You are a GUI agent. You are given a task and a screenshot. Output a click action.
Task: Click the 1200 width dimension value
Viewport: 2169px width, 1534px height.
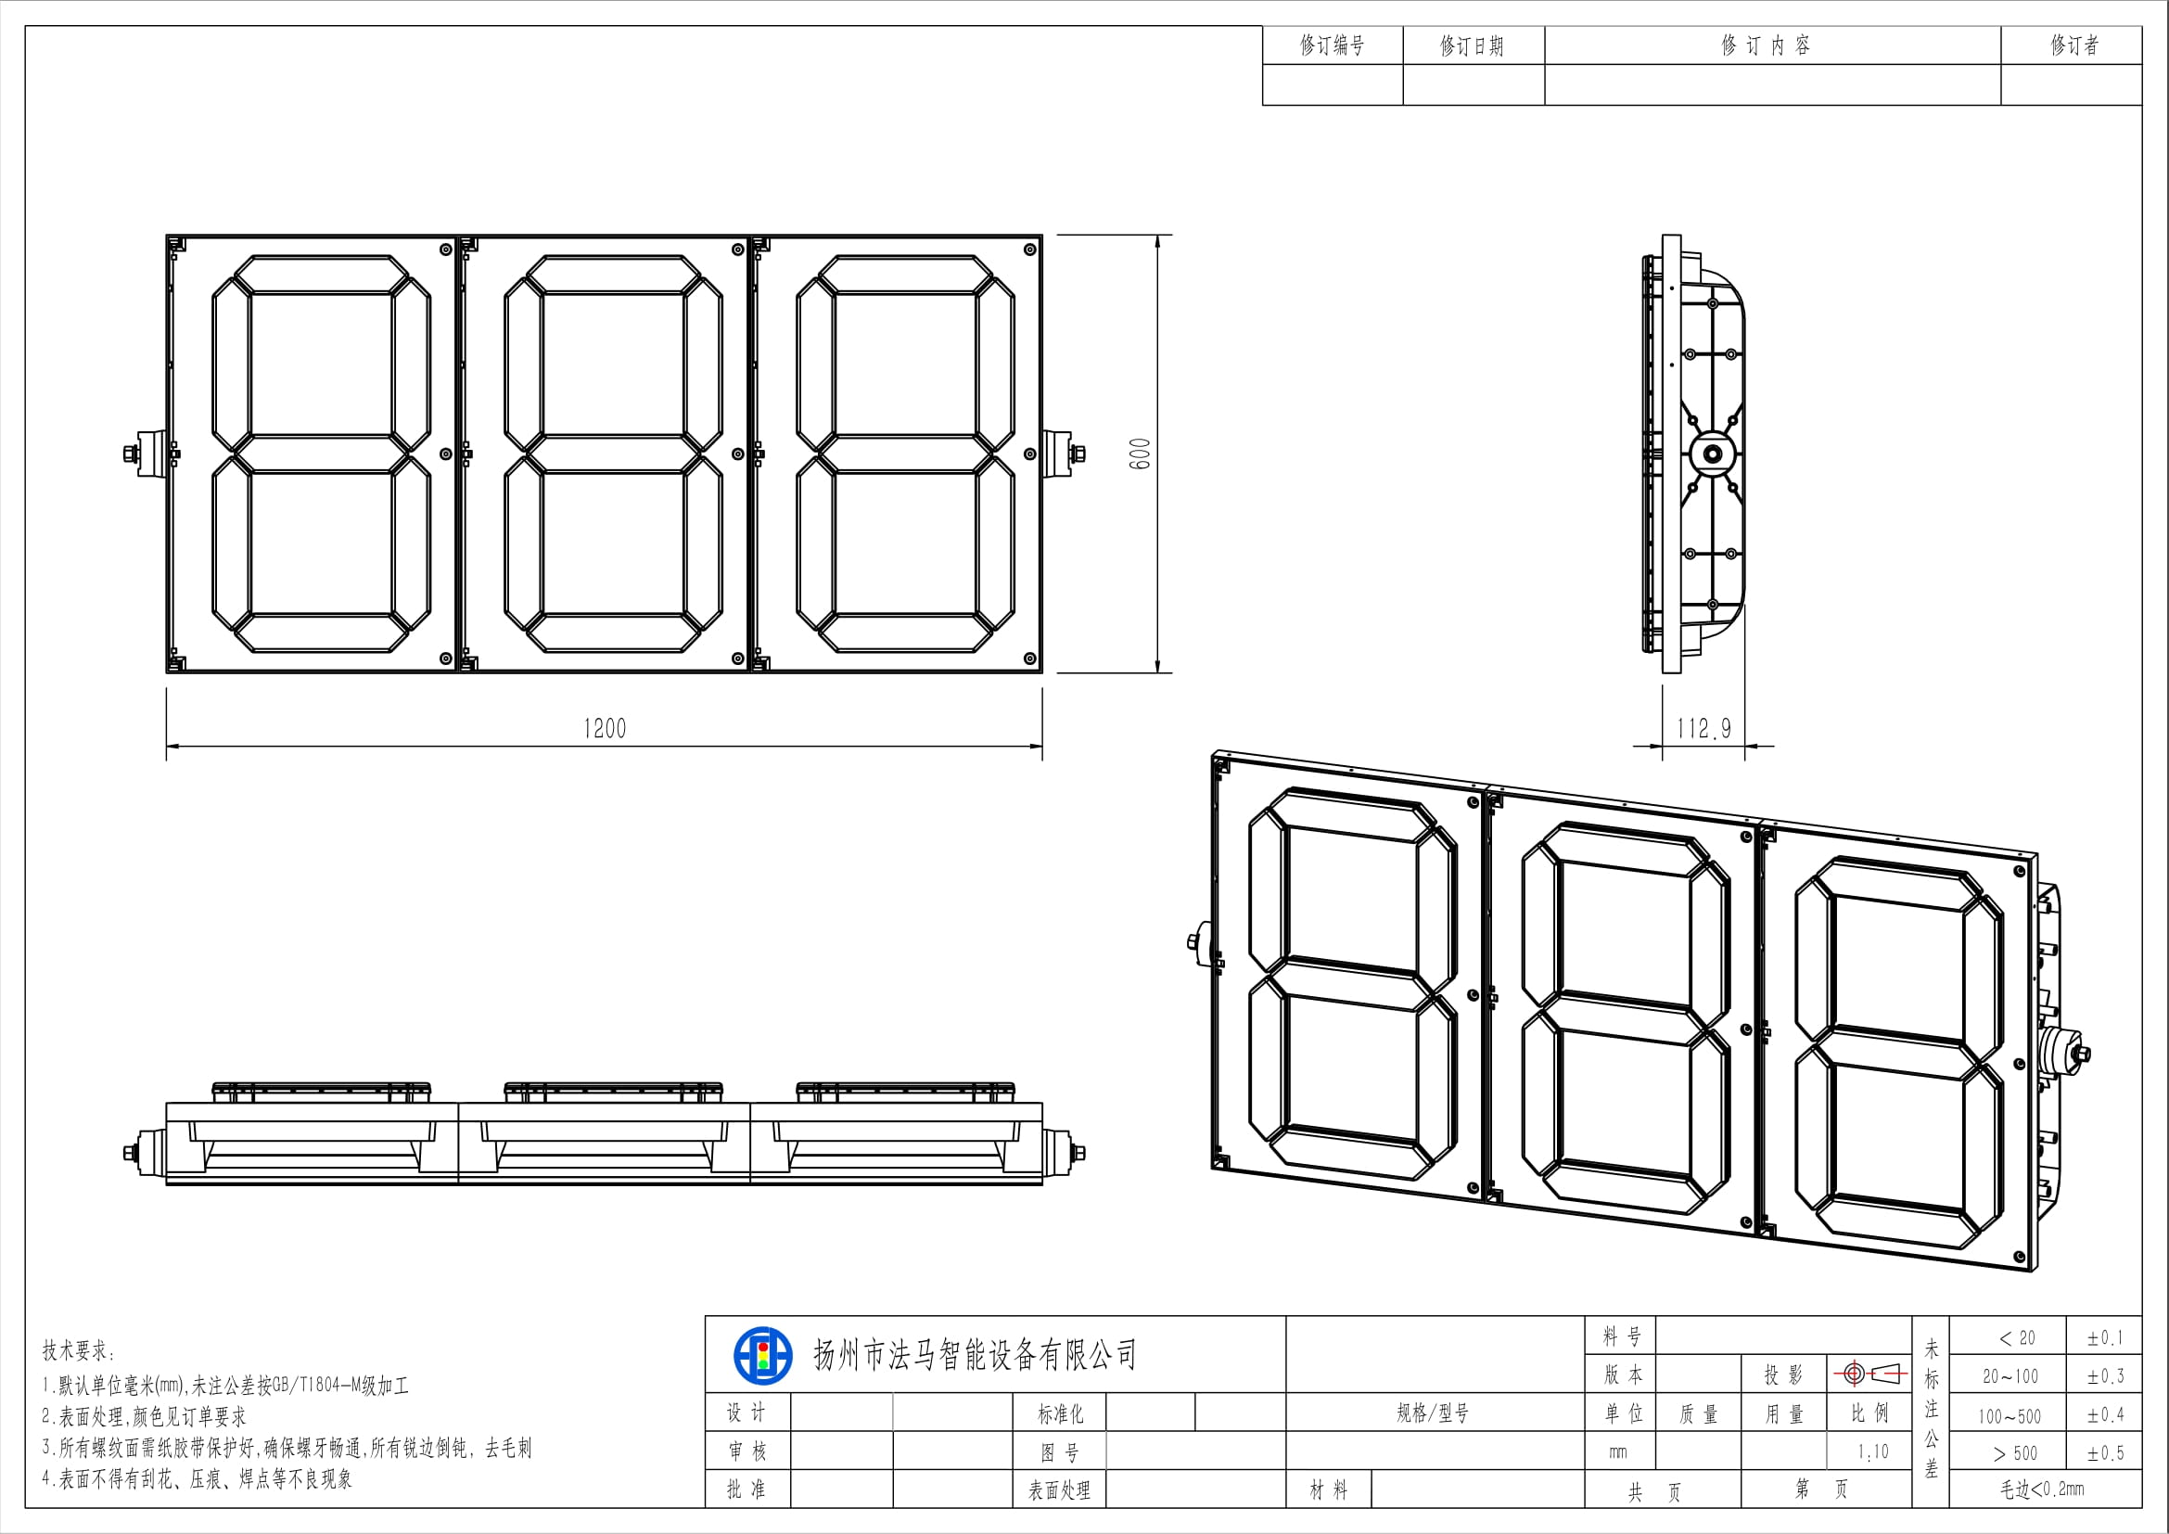(605, 728)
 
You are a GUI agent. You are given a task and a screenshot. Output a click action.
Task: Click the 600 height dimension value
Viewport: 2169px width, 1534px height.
(1141, 454)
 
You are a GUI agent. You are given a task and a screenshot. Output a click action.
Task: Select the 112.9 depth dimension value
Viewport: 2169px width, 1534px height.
(1703, 728)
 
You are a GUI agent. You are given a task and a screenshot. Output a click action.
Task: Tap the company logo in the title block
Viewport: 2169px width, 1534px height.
(762, 1356)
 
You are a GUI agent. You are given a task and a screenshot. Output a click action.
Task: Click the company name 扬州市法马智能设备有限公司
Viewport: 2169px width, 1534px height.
(975, 1356)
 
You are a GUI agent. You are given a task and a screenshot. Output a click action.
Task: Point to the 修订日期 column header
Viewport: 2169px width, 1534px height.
(1472, 45)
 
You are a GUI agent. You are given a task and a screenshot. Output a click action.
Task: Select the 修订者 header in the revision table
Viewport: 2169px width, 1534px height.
(2074, 45)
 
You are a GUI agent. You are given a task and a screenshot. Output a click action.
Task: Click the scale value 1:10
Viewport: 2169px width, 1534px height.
(1872, 1451)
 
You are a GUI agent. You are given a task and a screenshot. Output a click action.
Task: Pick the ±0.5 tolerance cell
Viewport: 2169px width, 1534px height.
(2105, 1452)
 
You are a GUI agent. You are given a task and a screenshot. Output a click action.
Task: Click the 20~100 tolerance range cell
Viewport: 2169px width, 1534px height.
(2010, 1376)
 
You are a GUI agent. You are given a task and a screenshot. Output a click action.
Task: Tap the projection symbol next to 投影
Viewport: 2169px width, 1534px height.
(1869, 1374)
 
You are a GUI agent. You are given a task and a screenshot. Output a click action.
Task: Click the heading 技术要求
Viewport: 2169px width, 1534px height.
(80, 1350)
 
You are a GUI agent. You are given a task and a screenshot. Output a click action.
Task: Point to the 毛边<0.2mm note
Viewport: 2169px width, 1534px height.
(2041, 1489)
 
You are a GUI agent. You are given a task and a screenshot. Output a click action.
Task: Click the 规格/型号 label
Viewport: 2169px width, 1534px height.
(1433, 1413)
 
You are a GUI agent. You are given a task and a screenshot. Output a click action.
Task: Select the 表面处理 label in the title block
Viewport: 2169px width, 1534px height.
(1059, 1490)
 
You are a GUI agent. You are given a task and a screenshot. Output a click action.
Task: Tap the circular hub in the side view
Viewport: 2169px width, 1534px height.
(1711, 454)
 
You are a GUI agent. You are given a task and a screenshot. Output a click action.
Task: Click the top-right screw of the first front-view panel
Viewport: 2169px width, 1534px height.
(445, 249)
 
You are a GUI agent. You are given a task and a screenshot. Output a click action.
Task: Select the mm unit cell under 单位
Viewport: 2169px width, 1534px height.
(1617, 1452)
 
